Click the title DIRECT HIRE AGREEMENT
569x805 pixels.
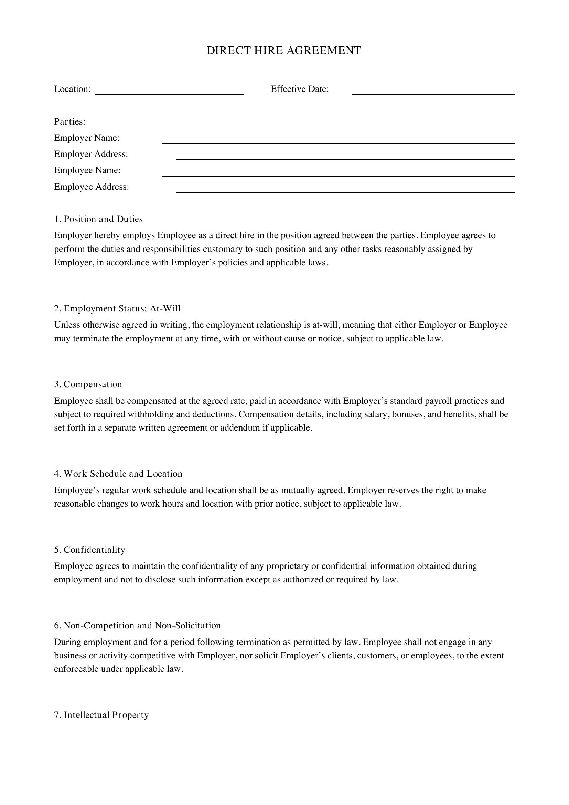coord(283,51)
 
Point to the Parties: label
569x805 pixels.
coord(70,121)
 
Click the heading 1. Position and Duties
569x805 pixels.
coord(98,219)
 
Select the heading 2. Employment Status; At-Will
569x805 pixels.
coord(117,308)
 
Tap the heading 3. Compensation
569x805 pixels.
coord(88,384)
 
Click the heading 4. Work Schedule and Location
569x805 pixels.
coord(118,474)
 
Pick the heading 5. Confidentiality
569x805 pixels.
coord(90,550)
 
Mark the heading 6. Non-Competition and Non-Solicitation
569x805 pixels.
coord(138,625)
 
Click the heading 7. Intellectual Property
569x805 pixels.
coord(101,715)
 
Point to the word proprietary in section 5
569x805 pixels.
coord(287,566)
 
